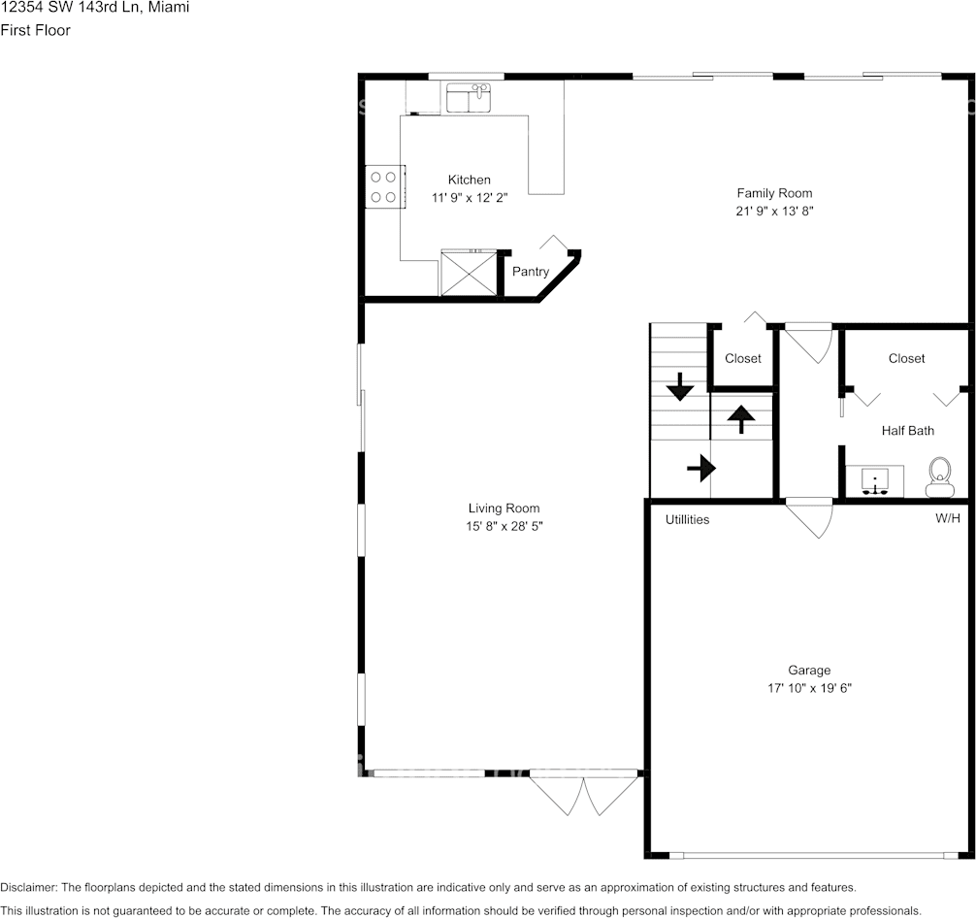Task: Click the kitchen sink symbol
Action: click(x=470, y=98)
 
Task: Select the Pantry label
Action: click(x=531, y=272)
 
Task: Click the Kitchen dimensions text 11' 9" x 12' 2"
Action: click(x=469, y=198)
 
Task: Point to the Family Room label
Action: click(x=774, y=193)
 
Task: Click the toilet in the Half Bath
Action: click(x=938, y=476)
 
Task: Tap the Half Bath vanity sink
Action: click(x=875, y=480)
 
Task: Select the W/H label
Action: click(x=948, y=519)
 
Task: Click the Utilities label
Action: click(x=687, y=519)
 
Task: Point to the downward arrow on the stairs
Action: click(x=680, y=386)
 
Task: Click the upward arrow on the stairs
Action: click(x=741, y=418)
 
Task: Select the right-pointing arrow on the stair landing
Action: click(x=700, y=469)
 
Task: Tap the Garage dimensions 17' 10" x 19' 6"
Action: click(x=809, y=688)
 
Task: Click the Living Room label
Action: click(x=504, y=508)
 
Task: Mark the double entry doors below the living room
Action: click(x=583, y=795)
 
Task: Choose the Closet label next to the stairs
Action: click(x=743, y=358)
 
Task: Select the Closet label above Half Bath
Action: click(x=906, y=358)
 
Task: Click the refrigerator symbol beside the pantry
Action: click(x=469, y=273)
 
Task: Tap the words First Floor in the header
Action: click(x=35, y=30)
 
